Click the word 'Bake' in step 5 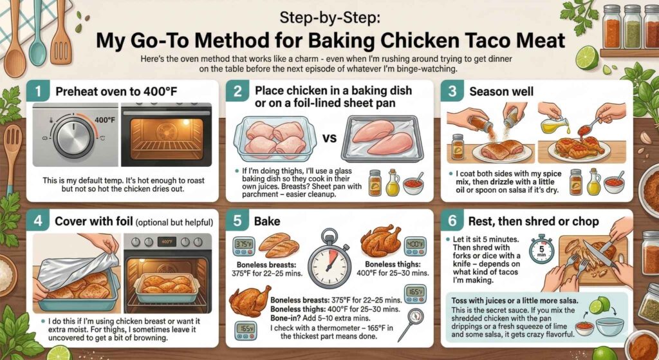point(268,221)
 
